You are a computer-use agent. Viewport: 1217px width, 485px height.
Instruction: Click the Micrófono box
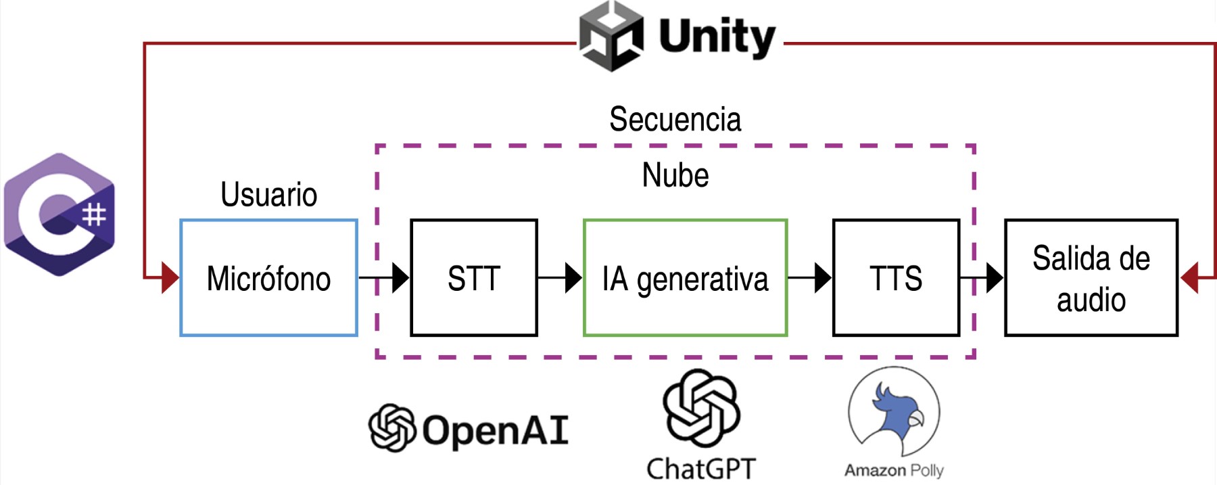click(268, 278)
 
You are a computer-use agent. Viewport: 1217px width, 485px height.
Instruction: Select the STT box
click(473, 278)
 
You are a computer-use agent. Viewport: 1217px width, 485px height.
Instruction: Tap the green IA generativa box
click(685, 278)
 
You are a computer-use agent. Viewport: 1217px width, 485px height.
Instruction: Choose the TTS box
click(896, 278)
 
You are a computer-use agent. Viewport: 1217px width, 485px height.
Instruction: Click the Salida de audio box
click(1091, 278)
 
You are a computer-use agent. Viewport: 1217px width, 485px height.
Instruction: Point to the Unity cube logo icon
click(611, 37)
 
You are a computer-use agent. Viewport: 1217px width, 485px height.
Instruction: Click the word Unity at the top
click(716, 37)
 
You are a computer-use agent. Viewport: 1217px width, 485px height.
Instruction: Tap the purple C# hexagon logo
click(59, 214)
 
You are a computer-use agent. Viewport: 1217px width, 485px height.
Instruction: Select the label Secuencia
click(675, 120)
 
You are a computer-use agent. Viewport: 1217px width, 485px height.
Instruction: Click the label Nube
click(675, 175)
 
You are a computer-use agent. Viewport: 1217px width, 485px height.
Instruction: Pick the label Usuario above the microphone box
click(268, 195)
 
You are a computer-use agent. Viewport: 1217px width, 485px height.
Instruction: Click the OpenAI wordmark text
click(495, 430)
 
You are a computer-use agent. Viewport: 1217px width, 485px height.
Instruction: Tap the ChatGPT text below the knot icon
click(700, 468)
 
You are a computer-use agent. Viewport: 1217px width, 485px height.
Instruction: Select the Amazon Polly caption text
click(893, 470)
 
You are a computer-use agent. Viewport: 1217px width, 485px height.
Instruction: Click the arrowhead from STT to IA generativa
click(573, 277)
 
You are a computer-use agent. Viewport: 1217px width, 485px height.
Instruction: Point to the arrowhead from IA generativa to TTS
click(822, 277)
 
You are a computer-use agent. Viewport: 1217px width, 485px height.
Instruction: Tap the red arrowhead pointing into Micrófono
click(170, 277)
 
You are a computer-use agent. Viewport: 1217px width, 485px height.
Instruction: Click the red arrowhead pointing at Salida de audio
click(1190, 277)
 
